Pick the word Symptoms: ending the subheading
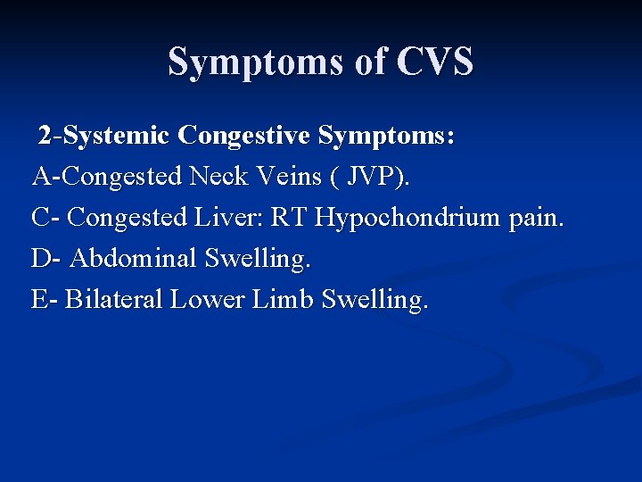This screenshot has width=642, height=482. tap(386, 136)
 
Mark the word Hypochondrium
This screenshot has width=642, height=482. tap(408, 218)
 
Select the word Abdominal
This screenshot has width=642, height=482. tap(133, 259)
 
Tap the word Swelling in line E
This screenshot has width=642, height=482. tap(374, 300)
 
